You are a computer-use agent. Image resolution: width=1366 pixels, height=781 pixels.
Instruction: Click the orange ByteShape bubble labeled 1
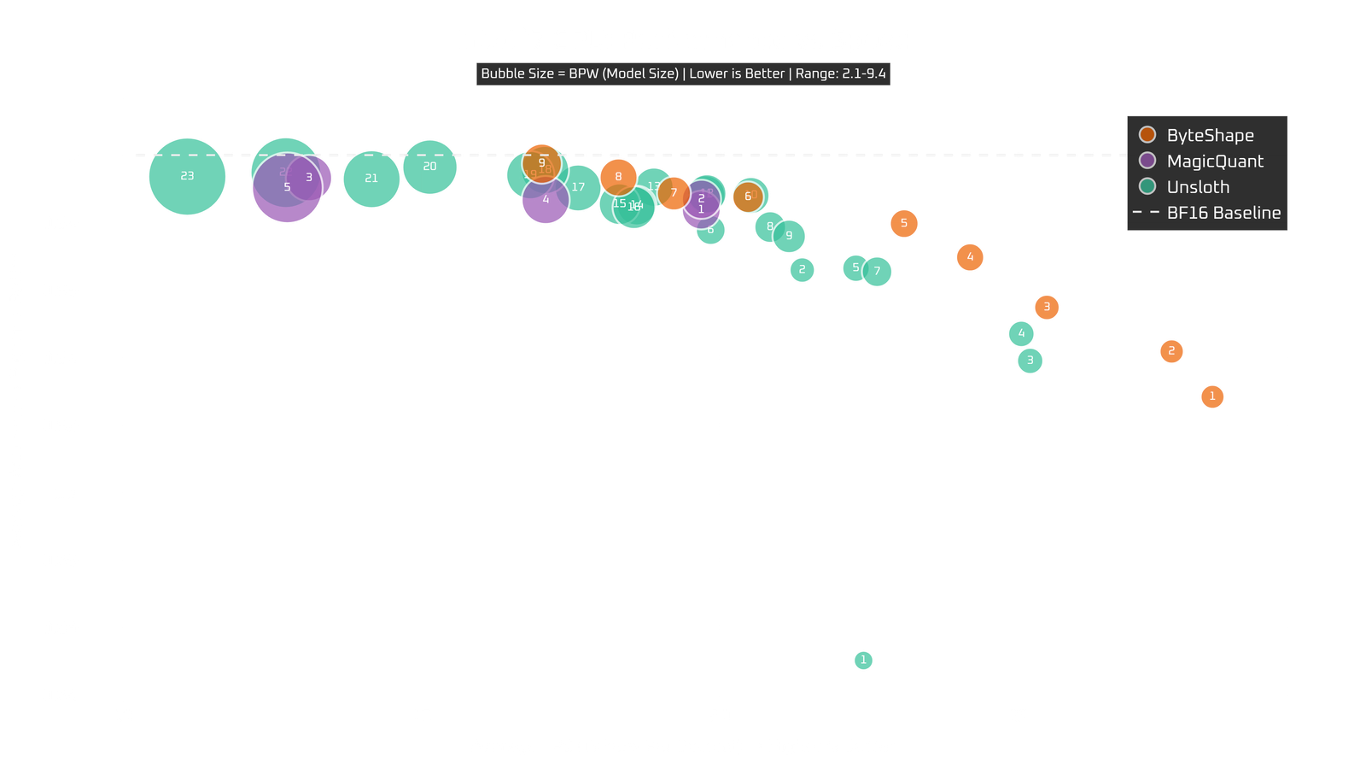pyautogui.click(x=1211, y=396)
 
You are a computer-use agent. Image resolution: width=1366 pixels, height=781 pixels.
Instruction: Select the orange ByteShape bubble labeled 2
pyautogui.click(x=1171, y=351)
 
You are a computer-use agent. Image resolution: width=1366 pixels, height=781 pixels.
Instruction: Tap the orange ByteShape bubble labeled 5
pyautogui.click(x=903, y=224)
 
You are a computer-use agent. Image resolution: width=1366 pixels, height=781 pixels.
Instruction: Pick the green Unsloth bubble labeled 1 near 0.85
pyautogui.click(x=863, y=661)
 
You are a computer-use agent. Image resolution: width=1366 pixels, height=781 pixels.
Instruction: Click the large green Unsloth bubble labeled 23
pyautogui.click(x=187, y=177)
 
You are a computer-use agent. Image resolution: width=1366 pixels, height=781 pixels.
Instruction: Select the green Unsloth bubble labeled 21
pyautogui.click(x=371, y=179)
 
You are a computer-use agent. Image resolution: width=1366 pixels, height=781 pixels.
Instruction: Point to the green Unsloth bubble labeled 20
pyautogui.click(x=429, y=167)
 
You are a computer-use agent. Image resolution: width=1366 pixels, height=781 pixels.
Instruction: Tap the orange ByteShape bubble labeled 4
pyautogui.click(x=969, y=257)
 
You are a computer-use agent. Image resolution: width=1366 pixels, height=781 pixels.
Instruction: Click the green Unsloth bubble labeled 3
pyautogui.click(x=1030, y=361)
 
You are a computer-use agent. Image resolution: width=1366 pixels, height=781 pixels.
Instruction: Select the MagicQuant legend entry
pyautogui.click(x=1213, y=161)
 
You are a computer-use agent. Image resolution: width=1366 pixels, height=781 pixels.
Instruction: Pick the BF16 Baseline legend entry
pyautogui.click(x=1222, y=213)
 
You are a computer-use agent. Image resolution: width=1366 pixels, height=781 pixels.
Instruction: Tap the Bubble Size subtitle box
pyautogui.click(x=683, y=73)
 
